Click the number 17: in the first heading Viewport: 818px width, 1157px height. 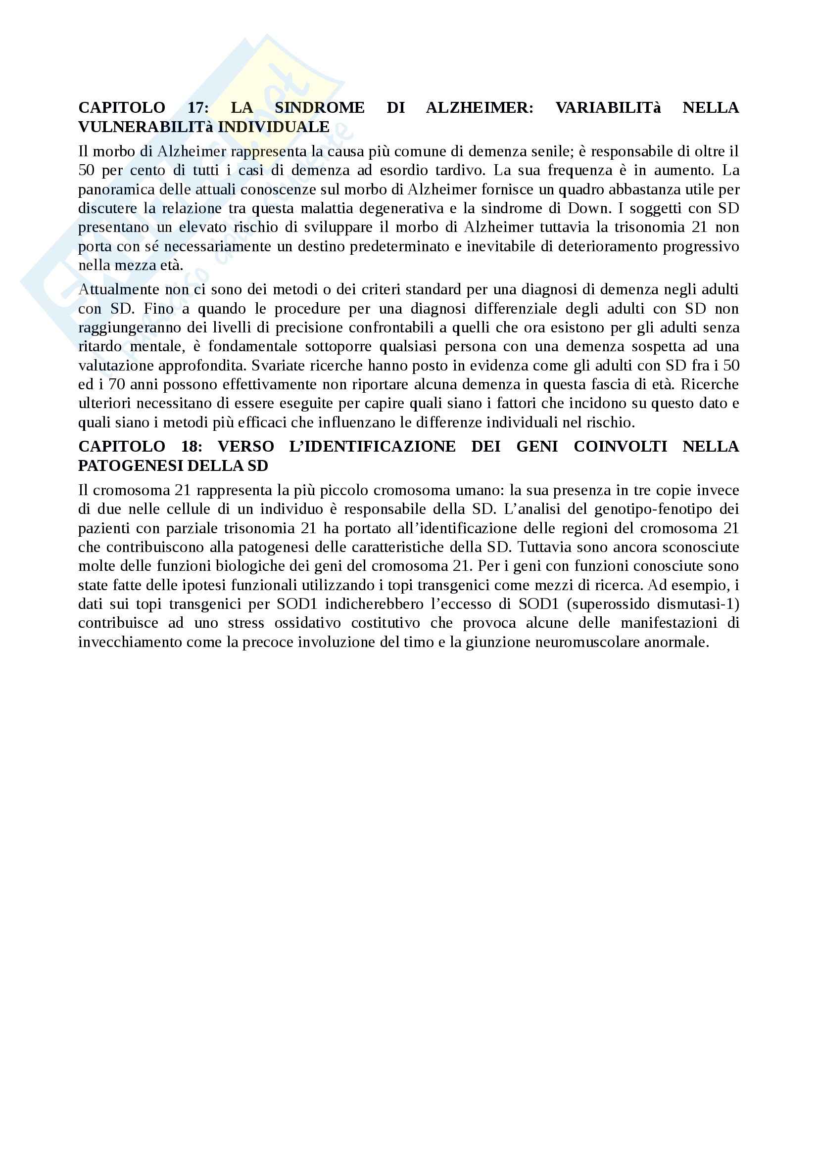(197, 107)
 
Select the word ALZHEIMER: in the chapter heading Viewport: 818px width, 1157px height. (480, 107)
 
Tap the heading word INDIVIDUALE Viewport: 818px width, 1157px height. (274, 127)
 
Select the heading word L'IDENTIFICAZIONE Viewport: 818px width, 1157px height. (373, 446)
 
